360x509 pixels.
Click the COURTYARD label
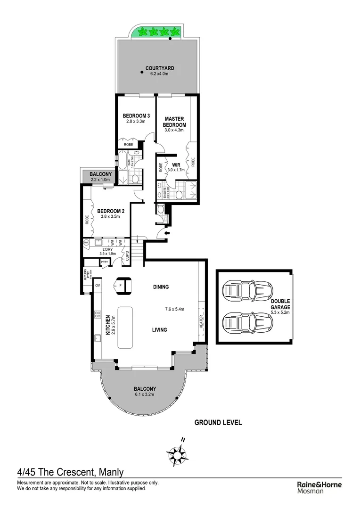156,68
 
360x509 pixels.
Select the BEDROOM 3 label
136,116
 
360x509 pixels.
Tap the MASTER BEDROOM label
175,122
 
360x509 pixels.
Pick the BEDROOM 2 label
111,211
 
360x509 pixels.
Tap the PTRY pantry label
104,262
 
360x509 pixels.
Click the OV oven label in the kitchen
98,285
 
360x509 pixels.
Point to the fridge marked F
121,285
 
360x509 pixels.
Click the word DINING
161,287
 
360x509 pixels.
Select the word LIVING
159,330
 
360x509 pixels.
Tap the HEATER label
201,322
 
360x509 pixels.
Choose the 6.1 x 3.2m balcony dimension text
145,394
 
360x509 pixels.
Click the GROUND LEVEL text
218,422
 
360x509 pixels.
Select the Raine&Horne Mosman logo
319,487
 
